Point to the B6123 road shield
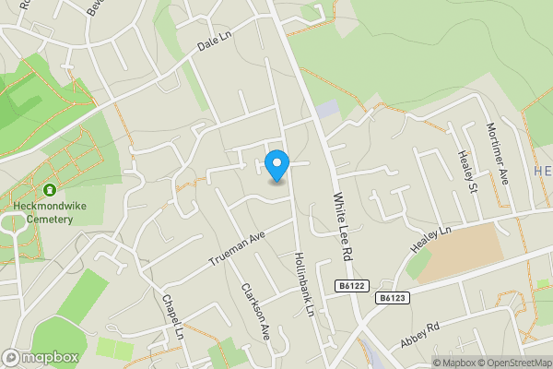tap(392, 298)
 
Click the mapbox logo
tap(41, 357)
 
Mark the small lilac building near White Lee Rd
tap(327, 109)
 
